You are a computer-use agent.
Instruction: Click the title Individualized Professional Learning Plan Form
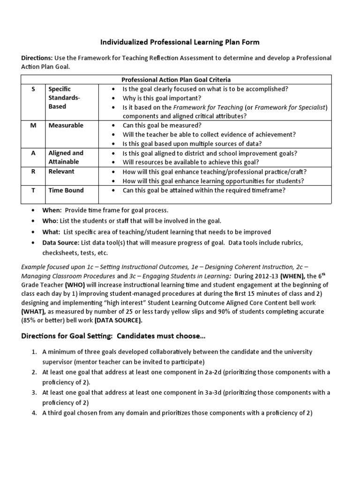tap(180, 42)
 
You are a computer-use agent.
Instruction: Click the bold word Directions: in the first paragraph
tap(37, 58)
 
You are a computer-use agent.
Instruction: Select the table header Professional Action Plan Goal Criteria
tap(176, 80)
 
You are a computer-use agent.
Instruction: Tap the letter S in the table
tap(33, 89)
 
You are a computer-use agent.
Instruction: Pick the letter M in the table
tap(33, 125)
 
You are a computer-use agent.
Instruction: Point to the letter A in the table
tap(33, 153)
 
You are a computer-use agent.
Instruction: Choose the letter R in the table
tap(33, 172)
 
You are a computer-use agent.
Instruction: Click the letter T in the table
tap(33, 190)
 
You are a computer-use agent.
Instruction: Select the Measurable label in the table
tap(66, 125)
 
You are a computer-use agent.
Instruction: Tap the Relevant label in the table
tap(62, 172)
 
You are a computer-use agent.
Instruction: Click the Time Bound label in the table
tap(66, 190)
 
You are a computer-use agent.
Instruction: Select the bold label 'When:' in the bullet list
tap(52, 210)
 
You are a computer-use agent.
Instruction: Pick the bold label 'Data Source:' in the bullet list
tap(60, 242)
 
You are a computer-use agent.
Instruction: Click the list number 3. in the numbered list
tap(34, 392)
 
